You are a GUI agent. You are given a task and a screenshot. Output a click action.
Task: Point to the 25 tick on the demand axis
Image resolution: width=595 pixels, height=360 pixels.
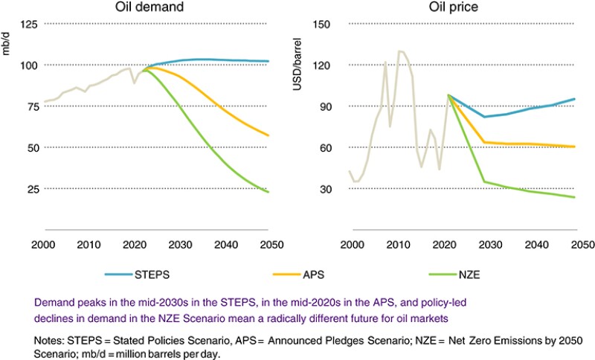(30, 189)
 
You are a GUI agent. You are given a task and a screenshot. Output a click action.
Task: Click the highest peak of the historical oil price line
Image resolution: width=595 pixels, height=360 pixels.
(399, 51)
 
